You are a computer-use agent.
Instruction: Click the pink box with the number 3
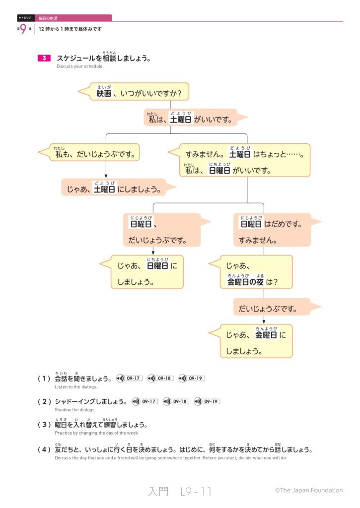[44, 58]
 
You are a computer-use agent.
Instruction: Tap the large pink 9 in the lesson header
[23, 29]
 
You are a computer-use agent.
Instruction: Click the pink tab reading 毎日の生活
[73, 18]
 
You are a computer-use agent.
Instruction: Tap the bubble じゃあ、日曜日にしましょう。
[147, 272]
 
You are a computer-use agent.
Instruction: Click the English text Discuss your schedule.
[80, 66]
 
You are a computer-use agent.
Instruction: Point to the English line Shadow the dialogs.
[75, 410]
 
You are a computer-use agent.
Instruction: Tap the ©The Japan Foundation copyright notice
[308, 490]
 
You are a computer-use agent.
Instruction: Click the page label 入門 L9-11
[180, 491]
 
